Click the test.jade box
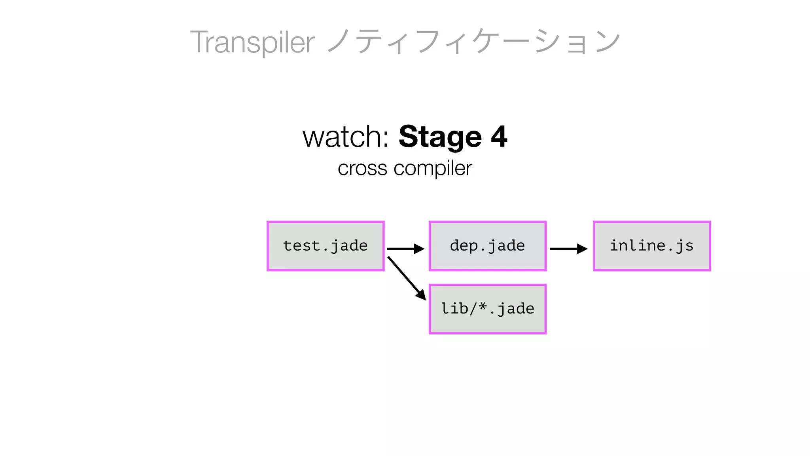[x=326, y=246]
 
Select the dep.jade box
[x=487, y=246]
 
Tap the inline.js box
[x=652, y=246]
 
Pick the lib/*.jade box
[x=487, y=309]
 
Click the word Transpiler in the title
[x=252, y=42]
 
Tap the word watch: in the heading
[x=346, y=137]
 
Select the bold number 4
[x=499, y=137]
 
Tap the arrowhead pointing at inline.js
[x=582, y=249]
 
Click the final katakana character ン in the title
[x=607, y=42]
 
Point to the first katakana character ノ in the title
[x=339, y=42]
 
